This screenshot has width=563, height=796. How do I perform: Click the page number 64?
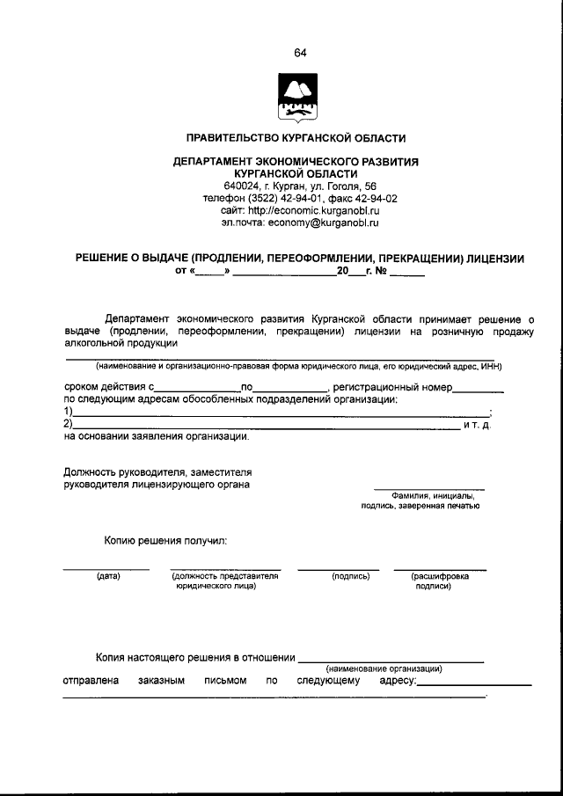tap(300, 54)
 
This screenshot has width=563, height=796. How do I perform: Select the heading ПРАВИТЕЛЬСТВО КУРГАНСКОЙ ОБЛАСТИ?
tap(296, 139)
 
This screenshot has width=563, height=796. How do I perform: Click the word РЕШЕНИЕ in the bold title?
tap(106, 259)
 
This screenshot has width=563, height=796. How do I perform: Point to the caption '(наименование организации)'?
tap(384, 668)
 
